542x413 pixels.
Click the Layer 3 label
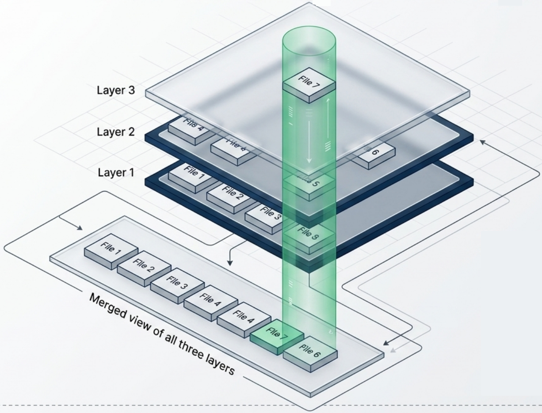115,91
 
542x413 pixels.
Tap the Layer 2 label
115,132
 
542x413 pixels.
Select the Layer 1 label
115,172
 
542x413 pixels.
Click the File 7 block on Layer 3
309,83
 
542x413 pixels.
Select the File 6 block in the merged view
310,353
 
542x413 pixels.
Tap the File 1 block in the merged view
111,250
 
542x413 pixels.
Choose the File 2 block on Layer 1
229,194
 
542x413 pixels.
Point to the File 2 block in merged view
144,268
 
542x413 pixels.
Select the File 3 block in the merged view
177,285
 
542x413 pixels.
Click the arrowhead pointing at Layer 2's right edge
482,142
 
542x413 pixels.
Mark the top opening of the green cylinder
309,35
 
